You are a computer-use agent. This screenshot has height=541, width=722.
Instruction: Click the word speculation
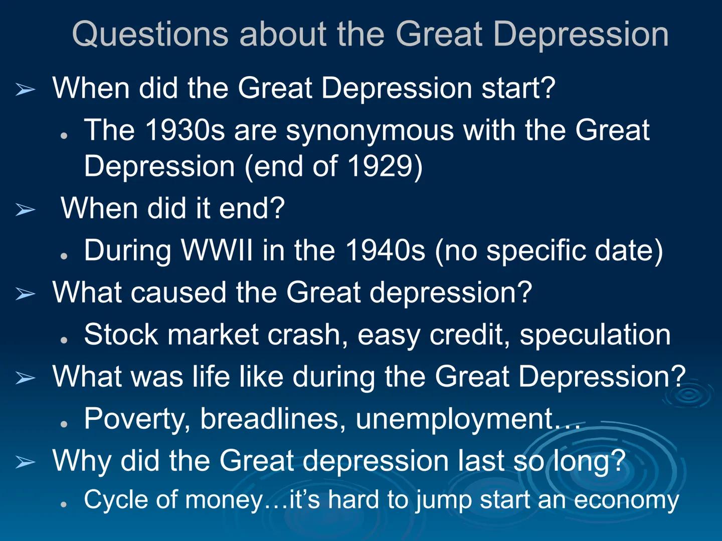(x=595, y=335)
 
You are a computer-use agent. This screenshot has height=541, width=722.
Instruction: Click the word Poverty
(x=134, y=418)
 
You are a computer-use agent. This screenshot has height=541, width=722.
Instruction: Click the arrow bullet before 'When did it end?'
(x=25, y=209)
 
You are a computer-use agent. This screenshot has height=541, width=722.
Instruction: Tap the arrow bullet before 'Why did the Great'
(x=25, y=462)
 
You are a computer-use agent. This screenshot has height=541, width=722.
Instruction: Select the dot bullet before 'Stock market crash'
(x=64, y=340)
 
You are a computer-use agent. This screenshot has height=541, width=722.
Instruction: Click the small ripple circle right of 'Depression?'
(x=689, y=395)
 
